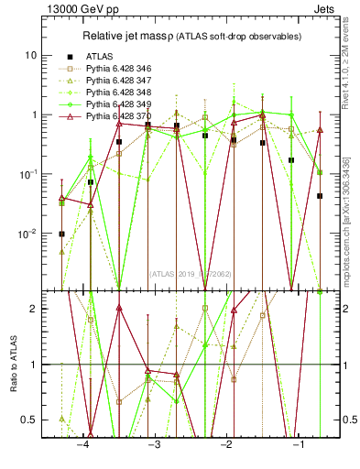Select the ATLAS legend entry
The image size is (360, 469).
point(102,56)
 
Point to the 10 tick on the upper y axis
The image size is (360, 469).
point(32,55)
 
